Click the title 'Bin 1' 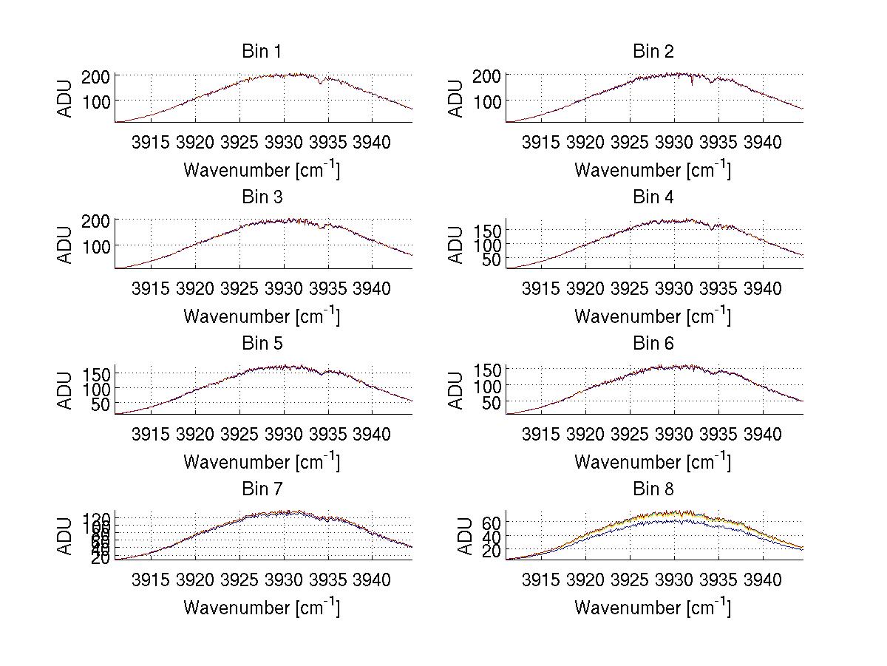(262, 51)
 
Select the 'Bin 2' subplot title (653, 51)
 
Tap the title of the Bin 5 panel (262, 343)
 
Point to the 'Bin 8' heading (653, 489)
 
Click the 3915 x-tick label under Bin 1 (151, 143)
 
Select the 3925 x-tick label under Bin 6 (630, 434)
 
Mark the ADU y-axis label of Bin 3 (65, 243)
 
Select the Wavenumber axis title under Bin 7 (262, 607)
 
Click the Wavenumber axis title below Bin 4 (653, 316)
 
